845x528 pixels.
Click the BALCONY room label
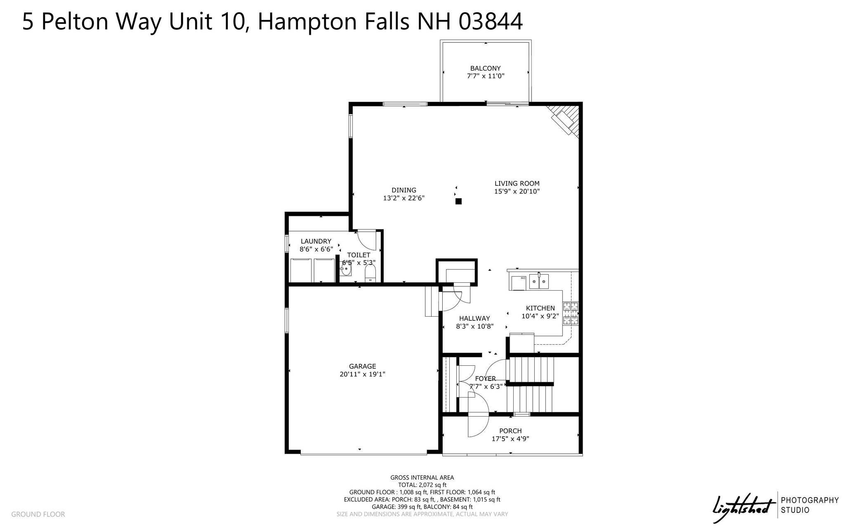pos(485,69)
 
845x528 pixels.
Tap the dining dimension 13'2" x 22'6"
pos(404,198)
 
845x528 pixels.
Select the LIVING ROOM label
pos(517,184)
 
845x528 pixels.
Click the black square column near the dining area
pos(458,201)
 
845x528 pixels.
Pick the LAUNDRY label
pos(316,242)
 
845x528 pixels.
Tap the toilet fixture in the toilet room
pos(370,273)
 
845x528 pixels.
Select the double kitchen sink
pos(539,281)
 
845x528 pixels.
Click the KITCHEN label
pos(541,308)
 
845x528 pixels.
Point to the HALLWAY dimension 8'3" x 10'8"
pos(475,327)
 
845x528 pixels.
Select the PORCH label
pos(510,431)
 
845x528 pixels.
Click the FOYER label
pos(485,379)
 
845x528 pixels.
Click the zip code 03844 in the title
pos(491,21)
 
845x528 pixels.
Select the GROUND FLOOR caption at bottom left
pos(38,514)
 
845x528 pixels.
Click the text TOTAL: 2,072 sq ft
pos(422,485)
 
